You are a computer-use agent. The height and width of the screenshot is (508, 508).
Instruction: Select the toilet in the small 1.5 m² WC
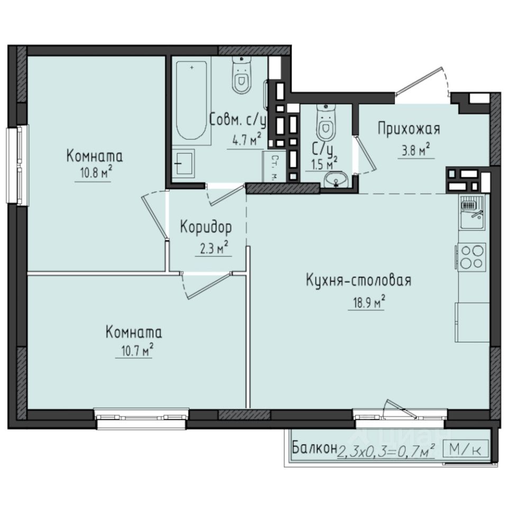click(x=325, y=123)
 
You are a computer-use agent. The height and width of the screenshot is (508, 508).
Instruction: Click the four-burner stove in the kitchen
click(x=472, y=257)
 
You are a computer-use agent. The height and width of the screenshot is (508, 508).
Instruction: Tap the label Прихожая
click(x=408, y=129)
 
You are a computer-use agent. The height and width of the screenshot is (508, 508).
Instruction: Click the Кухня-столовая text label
click(x=358, y=280)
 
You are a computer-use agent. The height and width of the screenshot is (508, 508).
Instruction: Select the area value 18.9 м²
click(x=366, y=303)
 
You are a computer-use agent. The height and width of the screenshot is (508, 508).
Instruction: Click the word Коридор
click(x=206, y=228)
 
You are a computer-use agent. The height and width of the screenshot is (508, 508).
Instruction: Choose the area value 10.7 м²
click(x=134, y=351)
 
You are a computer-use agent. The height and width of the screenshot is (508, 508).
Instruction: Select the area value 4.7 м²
click(x=246, y=141)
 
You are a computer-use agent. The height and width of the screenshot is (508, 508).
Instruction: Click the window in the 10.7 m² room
click(x=142, y=416)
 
